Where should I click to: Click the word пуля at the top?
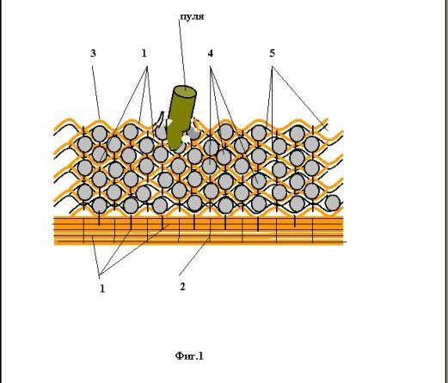(192, 16)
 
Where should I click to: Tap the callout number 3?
(93, 53)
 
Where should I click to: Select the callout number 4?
(211, 53)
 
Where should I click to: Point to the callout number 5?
(272, 53)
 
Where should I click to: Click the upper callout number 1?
(144, 53)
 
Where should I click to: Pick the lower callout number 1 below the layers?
(102, 289)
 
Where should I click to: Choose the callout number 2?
(182, 287)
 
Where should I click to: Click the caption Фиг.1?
(189, 356)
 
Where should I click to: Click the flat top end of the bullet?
(185, 92)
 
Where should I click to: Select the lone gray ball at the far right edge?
(333, 203)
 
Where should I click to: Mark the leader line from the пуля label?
(182, 52)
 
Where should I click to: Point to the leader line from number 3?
(96, 92)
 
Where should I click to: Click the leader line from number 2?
(194, 255)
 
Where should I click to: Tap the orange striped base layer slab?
(199, 231)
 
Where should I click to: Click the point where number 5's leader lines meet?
(273, 67)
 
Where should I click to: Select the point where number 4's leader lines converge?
(211, 67)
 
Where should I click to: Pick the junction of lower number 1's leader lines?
(99, 276)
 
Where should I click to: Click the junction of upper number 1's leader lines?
(147, 67)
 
